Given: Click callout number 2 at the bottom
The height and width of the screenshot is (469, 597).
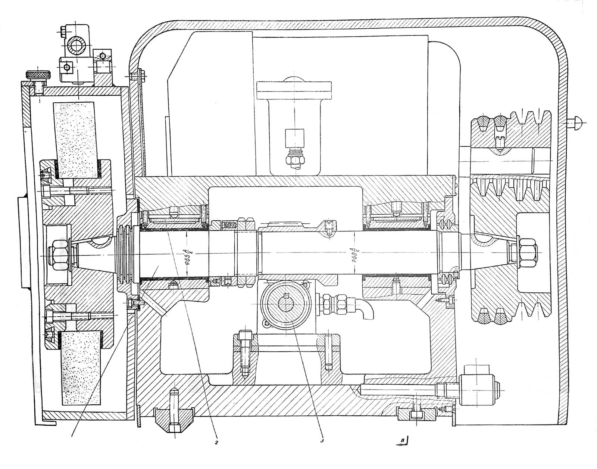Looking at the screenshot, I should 216,443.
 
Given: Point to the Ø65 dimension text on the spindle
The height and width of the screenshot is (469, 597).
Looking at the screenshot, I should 188,257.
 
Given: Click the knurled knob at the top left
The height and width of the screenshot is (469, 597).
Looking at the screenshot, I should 37,75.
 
